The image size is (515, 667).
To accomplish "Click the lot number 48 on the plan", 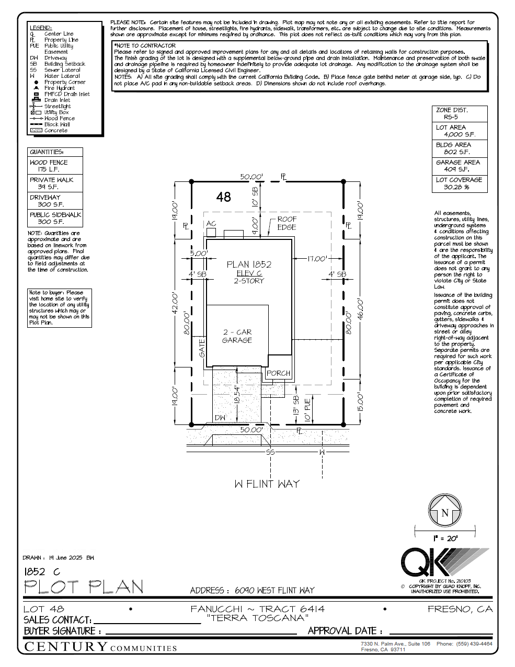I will coord(223,197).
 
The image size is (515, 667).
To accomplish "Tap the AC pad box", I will coord(211,231).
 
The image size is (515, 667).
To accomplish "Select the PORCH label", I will coord(278,373).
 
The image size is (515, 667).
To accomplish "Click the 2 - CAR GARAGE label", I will coord(237,336).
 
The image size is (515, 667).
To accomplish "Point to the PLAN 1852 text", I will coord(249,264).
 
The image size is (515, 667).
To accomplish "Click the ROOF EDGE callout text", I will coord(287,223).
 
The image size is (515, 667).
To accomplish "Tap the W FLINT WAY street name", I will coord(267,484).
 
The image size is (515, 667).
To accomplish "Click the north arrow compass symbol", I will coord(444,511).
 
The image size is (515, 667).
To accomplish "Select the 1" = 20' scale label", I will coord(445,538).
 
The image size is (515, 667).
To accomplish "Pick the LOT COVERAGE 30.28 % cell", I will coord(459,183).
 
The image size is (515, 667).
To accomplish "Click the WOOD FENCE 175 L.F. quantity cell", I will coord(54,166).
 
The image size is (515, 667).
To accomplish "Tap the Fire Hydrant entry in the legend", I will coord(59,88).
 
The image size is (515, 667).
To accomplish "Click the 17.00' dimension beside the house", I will coord(317,258).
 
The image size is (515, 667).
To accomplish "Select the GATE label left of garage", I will coord(202,348).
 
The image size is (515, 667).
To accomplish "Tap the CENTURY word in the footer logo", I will coord(66,647).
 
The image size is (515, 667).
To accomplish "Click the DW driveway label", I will coord(221,418).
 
